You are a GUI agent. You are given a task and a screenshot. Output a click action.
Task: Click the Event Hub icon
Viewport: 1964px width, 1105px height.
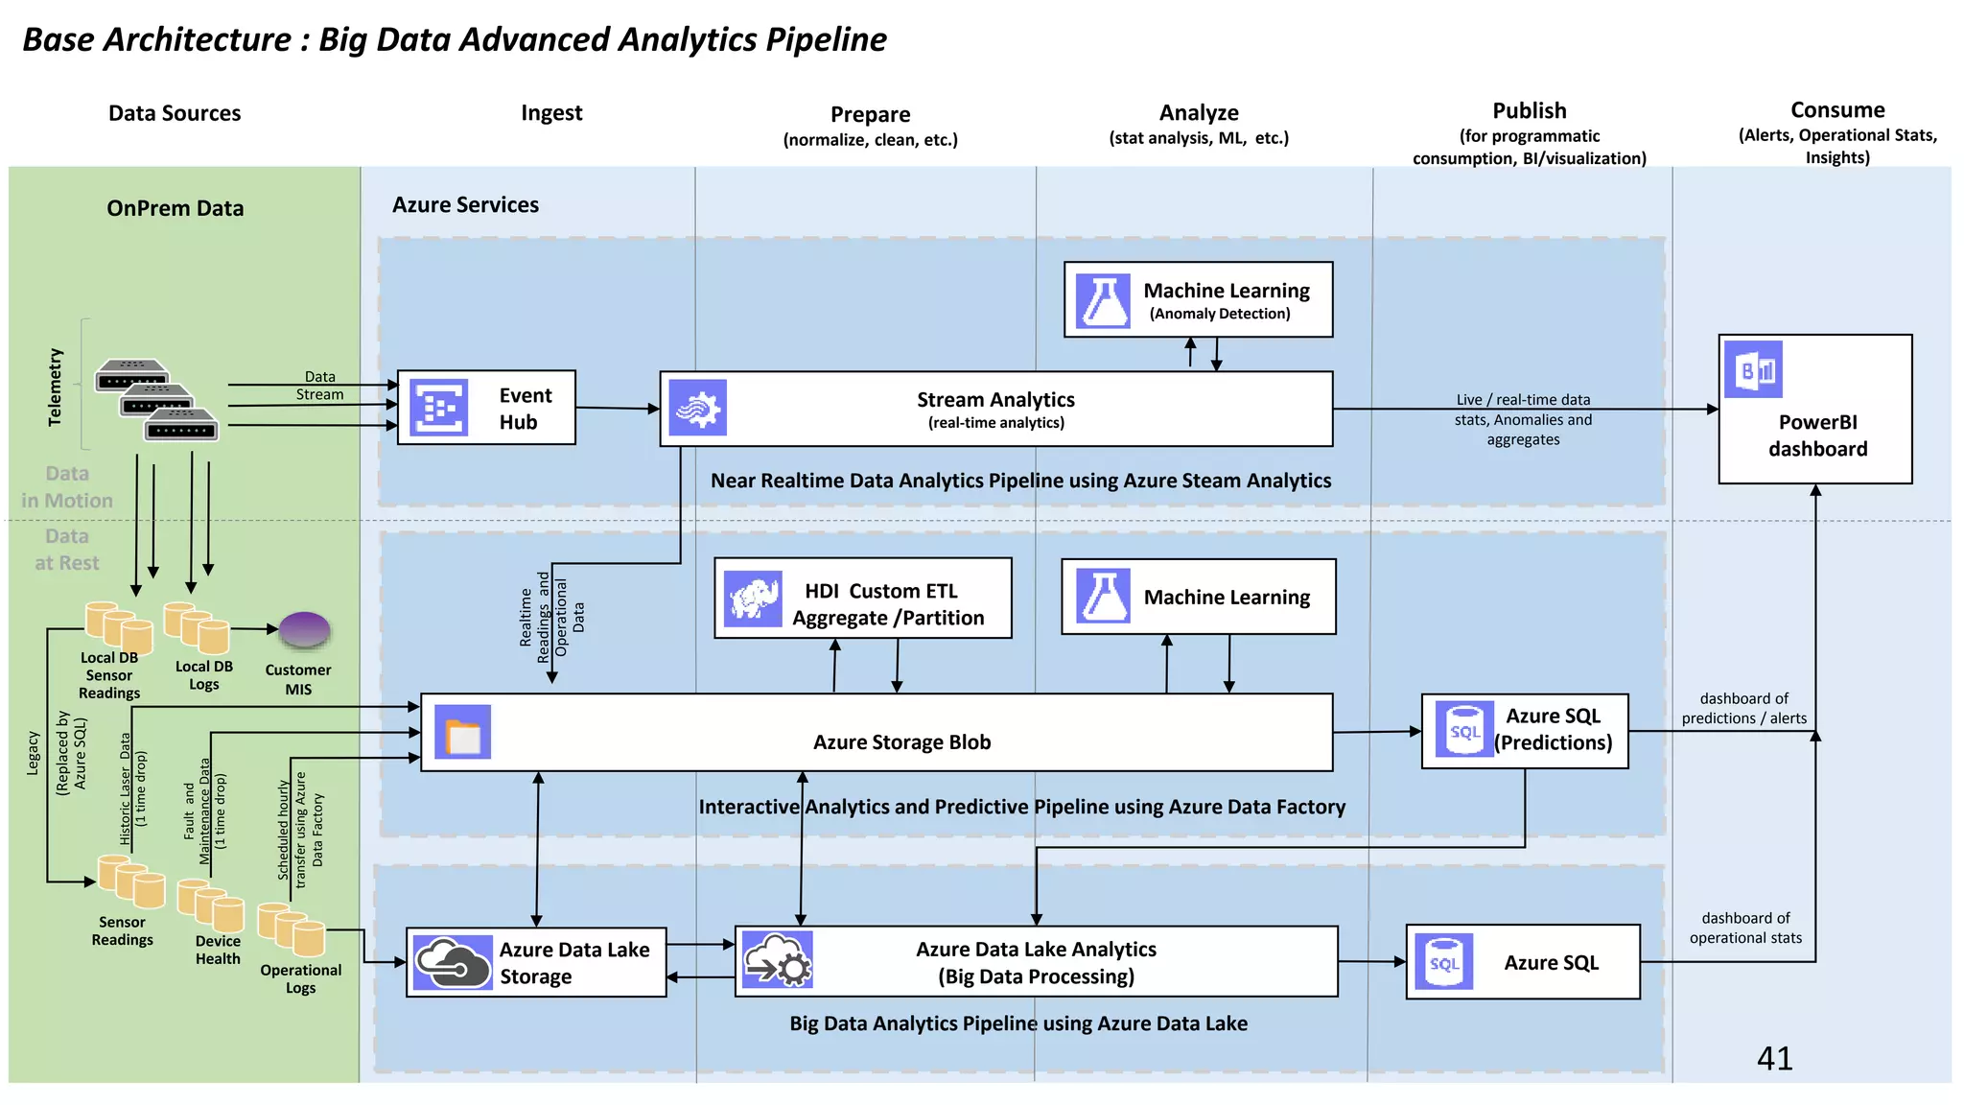pos(438,408)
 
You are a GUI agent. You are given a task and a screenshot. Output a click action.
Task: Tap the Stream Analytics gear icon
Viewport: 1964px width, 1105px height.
pos(697,408)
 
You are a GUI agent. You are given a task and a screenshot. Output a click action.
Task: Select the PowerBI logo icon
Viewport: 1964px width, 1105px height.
pos(1753,369)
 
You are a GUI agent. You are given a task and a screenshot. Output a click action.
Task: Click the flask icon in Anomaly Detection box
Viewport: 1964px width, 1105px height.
pos(1103,300)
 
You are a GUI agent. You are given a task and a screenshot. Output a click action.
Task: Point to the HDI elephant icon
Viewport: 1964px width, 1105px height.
pos(753,599)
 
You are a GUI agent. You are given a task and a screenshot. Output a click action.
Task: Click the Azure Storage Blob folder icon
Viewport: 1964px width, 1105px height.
pos(463,733)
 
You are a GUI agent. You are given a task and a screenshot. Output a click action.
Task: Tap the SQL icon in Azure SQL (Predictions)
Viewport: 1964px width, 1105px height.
pos(1464,729)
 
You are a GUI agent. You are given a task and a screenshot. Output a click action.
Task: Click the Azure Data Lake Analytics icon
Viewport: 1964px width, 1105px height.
pos(777,960)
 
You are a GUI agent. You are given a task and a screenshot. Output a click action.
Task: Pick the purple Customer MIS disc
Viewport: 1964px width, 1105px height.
pos(304,631)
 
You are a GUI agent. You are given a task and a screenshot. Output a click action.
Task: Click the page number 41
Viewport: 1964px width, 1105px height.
pos(1774,1058)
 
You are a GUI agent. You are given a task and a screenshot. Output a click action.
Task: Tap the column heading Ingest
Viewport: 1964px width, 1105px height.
pos(551,113)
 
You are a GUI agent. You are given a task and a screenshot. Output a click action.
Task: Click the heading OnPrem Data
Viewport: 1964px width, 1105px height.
pos(175,208)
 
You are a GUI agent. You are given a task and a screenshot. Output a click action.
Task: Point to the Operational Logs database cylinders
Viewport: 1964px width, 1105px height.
pos(292,929)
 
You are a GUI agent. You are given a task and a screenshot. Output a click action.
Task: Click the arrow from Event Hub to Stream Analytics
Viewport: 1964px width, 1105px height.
pos(618,409)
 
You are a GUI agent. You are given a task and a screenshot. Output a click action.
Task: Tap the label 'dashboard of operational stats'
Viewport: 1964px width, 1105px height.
pos(1745,928)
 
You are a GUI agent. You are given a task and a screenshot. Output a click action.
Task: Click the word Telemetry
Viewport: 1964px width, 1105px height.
pos(55,387)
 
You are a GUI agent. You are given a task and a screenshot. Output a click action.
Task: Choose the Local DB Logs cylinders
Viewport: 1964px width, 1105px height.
pos(197,627)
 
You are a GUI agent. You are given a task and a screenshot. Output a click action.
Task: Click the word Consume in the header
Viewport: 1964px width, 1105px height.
pos(1837,110)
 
